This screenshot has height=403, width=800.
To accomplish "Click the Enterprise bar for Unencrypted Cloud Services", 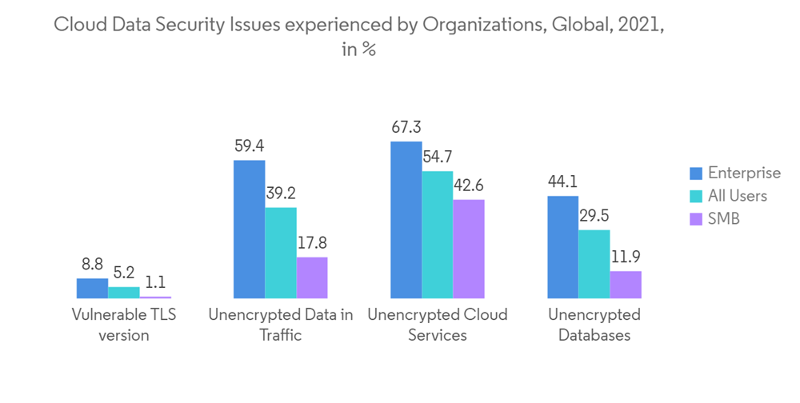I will coord(406,220).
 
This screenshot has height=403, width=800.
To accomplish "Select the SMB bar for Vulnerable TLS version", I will coord(155,297).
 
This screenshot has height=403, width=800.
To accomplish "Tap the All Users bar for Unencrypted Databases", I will coord(594,264).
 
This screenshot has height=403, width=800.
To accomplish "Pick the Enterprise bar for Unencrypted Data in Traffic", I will coord(249,229).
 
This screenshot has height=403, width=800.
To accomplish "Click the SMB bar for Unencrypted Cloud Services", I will coord(469,249).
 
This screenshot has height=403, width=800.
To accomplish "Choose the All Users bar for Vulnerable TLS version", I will coord(124,293).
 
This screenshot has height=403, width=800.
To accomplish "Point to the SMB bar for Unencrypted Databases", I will coord(626,285).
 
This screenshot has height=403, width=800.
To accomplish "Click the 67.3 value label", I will coord(406,127).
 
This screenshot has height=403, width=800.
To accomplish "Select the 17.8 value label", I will coord(311,243).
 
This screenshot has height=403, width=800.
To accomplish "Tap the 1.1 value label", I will coord(155,282).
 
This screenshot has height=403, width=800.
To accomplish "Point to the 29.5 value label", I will coord(594,216).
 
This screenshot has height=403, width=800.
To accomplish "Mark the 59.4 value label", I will coord(249,146).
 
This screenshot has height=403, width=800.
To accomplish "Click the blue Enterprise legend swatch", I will coord(696,174).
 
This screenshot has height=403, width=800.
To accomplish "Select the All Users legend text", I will coord(738,196).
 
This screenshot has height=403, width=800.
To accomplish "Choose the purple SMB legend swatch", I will coord(696,218).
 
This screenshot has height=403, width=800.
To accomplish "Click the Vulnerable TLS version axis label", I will coord(124,325).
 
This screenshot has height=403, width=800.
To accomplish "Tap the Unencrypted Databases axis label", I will coord(594,325).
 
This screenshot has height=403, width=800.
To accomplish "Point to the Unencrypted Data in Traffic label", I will coord(280,325).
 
